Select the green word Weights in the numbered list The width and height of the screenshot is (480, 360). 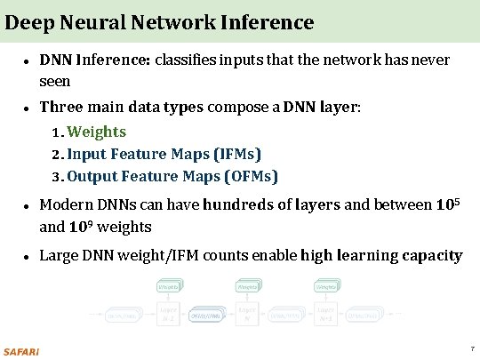click(x=97, y=132)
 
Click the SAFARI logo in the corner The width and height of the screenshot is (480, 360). click(x=21, y=350)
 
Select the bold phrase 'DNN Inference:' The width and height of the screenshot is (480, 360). click(x=95, y=61)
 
